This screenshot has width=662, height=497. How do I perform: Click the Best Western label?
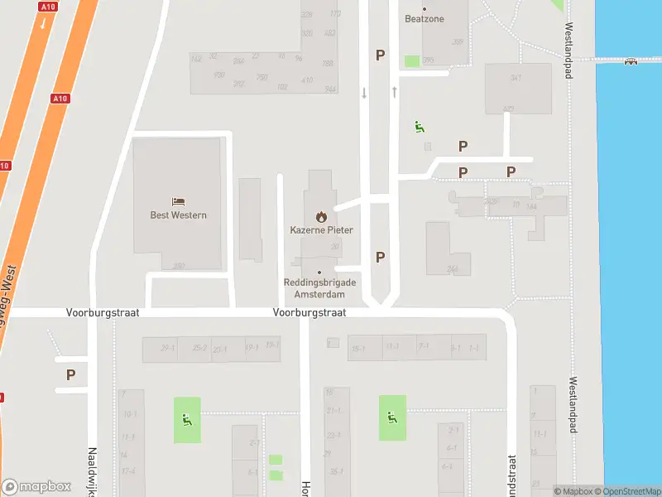click(x=178, y=215)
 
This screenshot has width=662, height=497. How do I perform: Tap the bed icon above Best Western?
click(x=178, y=201)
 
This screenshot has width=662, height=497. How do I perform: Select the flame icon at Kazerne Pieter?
click(x=321, y=216)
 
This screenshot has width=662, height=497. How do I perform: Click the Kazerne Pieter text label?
click(x=321, y=229)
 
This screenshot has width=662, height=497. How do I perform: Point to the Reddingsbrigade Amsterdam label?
click(x=320, y=288)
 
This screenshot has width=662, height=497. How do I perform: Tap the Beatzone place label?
click(x=425, y=18)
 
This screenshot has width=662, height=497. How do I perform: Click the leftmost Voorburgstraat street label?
click(x=103, y=313)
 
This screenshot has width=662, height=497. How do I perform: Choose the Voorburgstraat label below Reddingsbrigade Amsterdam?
click(x=309, y=313)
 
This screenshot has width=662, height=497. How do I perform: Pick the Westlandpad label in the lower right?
click(x=573, y=406)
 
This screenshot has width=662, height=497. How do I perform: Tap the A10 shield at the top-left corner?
click(x=47, y=6)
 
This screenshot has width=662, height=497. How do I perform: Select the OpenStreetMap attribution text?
click(x=631, y=491)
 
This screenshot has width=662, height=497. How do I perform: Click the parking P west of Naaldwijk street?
click(x=70, y=374)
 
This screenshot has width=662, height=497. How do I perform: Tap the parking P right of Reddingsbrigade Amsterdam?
click(x=380, y=257)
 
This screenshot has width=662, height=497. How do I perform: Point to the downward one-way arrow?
click(x=364, y=93)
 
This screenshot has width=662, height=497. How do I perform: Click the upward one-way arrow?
click(x=395, y=91)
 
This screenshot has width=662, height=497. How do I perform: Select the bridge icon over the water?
click(x=631, y=60)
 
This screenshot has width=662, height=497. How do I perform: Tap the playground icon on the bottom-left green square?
click(x=187, y=419)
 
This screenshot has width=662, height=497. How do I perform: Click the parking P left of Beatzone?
click(x=380, y=55)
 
